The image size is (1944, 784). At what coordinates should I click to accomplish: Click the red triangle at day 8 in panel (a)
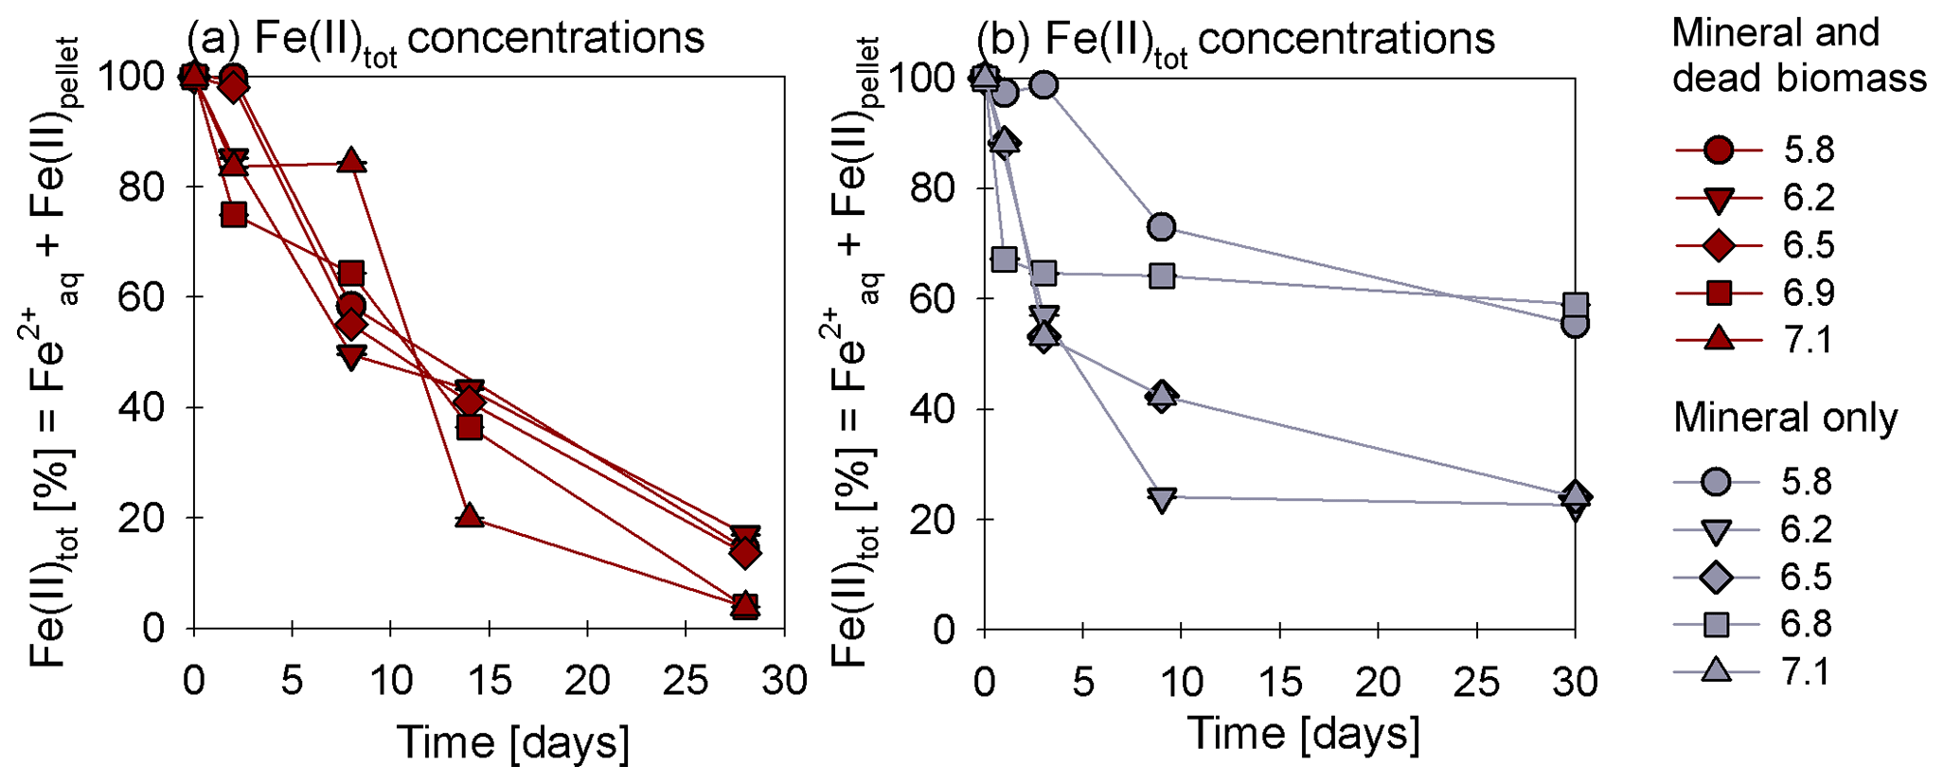tap(351, 161)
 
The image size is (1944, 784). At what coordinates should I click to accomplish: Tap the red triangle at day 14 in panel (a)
tap(470, 517)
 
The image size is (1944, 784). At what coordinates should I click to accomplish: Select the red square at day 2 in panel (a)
tap(233, 215)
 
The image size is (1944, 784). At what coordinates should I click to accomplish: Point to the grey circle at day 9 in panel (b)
tap(1162, 227)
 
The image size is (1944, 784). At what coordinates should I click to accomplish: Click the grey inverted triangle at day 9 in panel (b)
tap(1162, 498)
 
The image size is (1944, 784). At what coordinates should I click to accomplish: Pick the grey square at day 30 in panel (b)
tap(1575, 305)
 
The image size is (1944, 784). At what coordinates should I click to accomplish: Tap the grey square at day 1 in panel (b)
tap(1004, 258)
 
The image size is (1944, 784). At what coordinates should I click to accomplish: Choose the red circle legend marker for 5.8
tap(1718, 150)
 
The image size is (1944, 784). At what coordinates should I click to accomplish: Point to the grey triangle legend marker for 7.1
tap(1716, 671)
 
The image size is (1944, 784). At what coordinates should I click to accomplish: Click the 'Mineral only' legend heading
tap(1785, 418)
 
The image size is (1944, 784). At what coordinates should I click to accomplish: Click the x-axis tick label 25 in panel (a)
tap(686, 680)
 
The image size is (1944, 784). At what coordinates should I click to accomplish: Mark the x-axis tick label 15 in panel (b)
tap(1279, 681)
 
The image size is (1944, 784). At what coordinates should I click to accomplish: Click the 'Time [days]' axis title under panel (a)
tap(512, 742)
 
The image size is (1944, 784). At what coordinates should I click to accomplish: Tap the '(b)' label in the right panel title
tap(1005, 40)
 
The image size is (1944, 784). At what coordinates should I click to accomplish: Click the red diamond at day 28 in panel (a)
tap(746, 552)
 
